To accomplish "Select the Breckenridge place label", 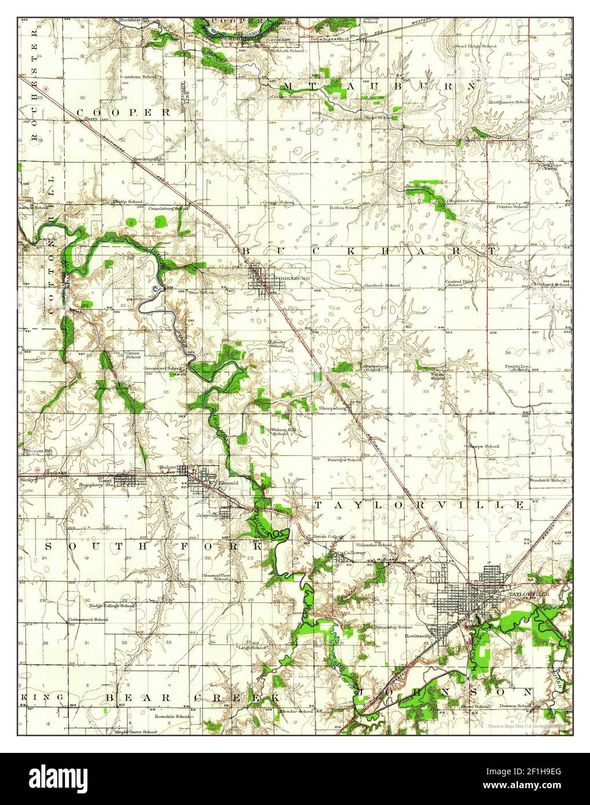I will [x=148, y=158].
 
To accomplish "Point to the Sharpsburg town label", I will [x=332, y=408].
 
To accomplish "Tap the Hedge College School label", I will [x=112, y=606].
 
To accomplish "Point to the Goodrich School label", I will [x=548, y=480].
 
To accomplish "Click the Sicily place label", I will [x=27, y=480].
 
